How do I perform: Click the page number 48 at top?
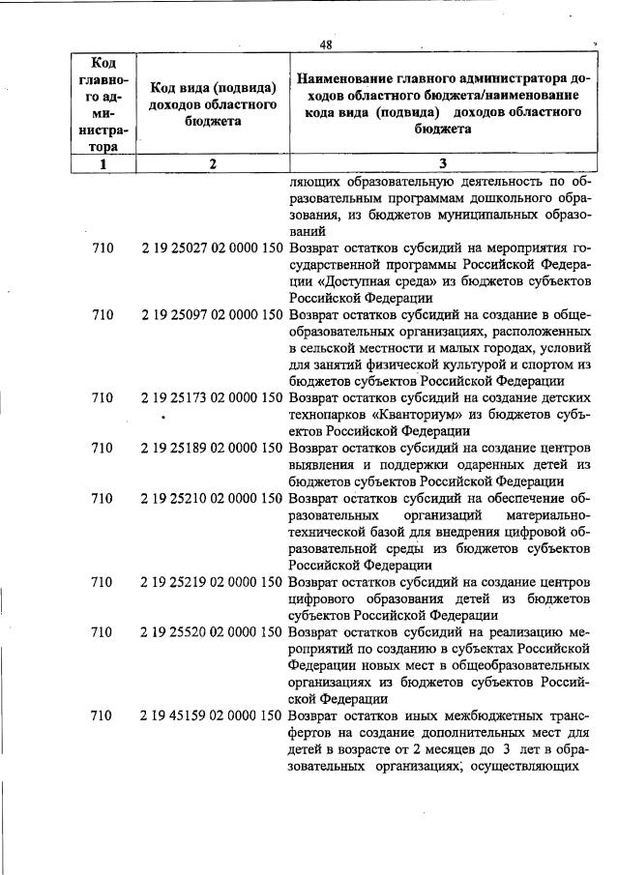point(326,44)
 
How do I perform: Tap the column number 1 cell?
point(102,164)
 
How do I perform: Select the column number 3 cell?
point(442,164)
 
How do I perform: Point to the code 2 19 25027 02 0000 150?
point(213,248)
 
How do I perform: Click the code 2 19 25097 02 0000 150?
point(213,315)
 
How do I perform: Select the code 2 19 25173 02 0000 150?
point(213,397)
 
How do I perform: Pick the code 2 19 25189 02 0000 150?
point(213,448)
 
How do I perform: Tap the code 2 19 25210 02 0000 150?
point(213,498)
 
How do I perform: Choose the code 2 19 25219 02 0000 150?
point(213,581)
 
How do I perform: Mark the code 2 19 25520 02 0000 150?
point(213,631)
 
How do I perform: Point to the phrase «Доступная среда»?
point(365,281)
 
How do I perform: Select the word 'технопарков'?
point(327,414)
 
